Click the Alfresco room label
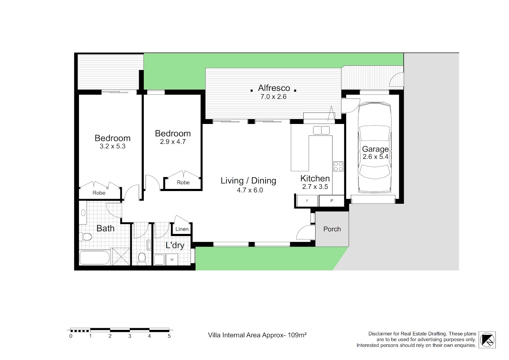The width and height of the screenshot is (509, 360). [x=274, y=88]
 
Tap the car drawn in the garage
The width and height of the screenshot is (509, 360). [x=375, y=148]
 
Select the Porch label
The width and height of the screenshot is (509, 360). [x=332, y=229]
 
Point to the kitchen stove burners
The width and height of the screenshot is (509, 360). [x=338, y=166]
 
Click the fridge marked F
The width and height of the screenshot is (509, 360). [x=307, y=200]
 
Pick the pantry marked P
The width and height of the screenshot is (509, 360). [x=332, y=200]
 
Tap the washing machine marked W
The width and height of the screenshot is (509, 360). [x=172, y=259]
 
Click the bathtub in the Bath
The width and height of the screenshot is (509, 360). [x=95, y=258]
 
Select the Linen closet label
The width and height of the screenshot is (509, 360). [x=182, y=229]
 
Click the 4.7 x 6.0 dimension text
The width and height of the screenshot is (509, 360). [x=250, y=190]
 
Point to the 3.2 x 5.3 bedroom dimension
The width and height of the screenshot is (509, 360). [x=112, y=146]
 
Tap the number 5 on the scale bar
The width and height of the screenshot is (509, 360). [x=169, y=336]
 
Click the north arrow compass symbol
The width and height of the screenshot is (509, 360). [x=487, y=340]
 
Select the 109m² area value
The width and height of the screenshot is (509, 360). [x=297, y=335]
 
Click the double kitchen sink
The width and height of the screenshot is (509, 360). [x=321, y=130]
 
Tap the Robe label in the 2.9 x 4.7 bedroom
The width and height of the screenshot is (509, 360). [x=183, y=183]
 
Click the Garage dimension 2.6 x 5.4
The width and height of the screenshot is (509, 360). [x=375, y=157]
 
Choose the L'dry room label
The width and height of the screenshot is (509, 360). [x=175, y=245]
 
